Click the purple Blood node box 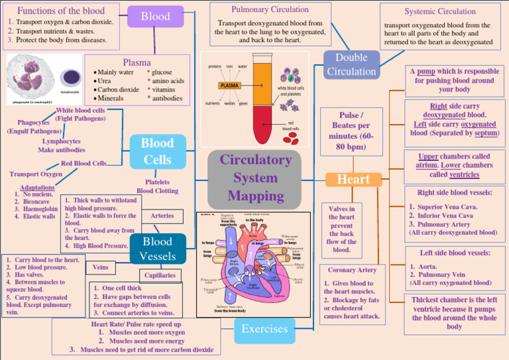click(x=155, y=17)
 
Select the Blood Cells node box click(x=157, y=152)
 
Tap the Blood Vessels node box click(x=157, y=249)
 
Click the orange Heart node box click(x=353, y=180)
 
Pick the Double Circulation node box click(x=351, y=65)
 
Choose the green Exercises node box click(x=264, y=329)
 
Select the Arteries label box click(x=162, y=215)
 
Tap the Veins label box click(x=101, y=268)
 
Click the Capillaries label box click(x=160, y=275)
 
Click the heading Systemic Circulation click(x=440, y=11)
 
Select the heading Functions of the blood click(x=60, y=11)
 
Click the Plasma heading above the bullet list click(x=137, y=62)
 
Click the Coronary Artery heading click(x=352, y=270)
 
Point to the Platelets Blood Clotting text click(x=158, y=186)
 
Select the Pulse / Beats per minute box click(x=351, y=131)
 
